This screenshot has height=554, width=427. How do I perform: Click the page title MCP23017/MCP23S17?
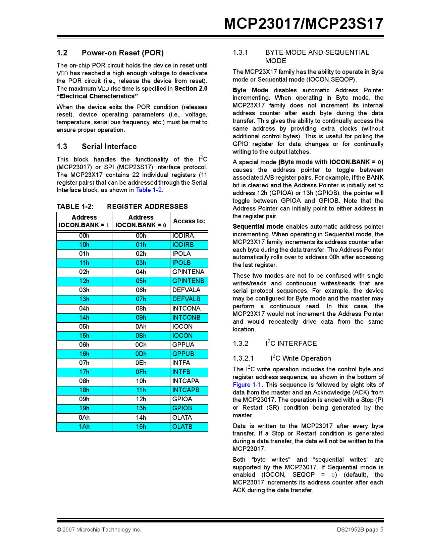(x=304, y=24)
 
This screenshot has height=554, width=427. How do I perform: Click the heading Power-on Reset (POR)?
(x=122, y=53)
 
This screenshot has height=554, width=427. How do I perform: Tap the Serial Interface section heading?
(x=109, y=146)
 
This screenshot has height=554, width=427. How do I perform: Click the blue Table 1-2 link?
(x=149, y=190)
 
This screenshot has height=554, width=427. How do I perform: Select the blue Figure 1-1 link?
(x=247, y=385)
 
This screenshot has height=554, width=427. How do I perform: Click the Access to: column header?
(x=189, y=221)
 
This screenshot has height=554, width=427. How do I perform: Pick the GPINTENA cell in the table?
(x=188, y=272)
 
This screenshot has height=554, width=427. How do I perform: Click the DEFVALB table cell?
(x=186, y=299)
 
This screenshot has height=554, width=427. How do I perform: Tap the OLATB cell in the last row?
(x=182, y=427)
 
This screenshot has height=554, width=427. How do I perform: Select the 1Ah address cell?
(x=84, y=427)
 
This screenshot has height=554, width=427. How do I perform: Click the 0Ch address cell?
(x=141, y=345)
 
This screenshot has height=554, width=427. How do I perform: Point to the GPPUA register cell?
(x=183, y=345)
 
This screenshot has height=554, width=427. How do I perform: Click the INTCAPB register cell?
(x=185, y=390)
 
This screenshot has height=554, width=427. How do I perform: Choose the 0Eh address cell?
(x=141, y=363)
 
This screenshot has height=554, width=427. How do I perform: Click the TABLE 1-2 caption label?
(x=75, y=206)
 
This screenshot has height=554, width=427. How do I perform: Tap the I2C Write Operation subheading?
(x=301, y=358)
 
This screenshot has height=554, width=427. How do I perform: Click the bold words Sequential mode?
(x=258, y=227)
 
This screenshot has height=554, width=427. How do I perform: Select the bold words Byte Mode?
(x=250, y=90)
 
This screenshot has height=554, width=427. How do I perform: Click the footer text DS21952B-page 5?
(x=360, y=530)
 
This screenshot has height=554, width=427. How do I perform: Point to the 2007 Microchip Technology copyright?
(x=99, y=530)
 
